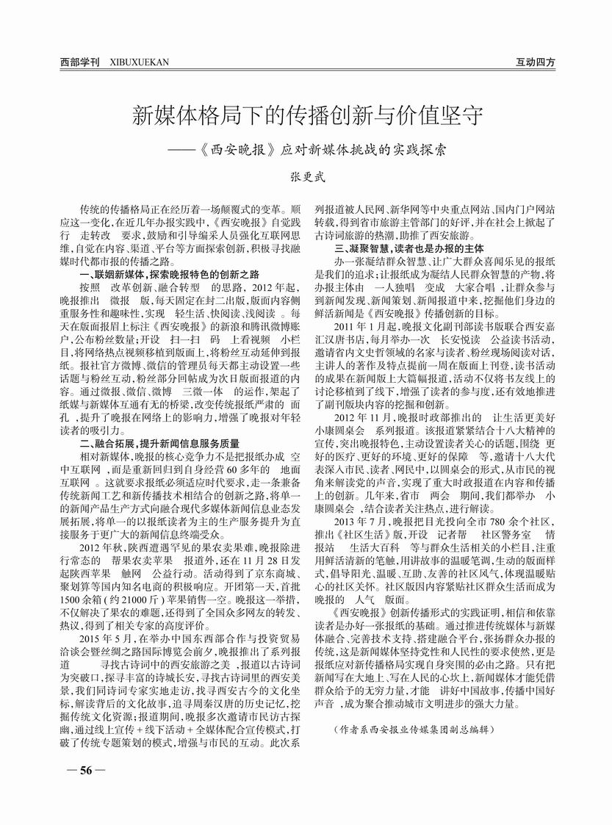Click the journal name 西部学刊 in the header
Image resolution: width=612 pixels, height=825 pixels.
pyautogui.click(x=79, y=63)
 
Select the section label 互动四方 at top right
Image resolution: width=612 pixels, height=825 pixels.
pyautogui.click(x=535, y=63)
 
